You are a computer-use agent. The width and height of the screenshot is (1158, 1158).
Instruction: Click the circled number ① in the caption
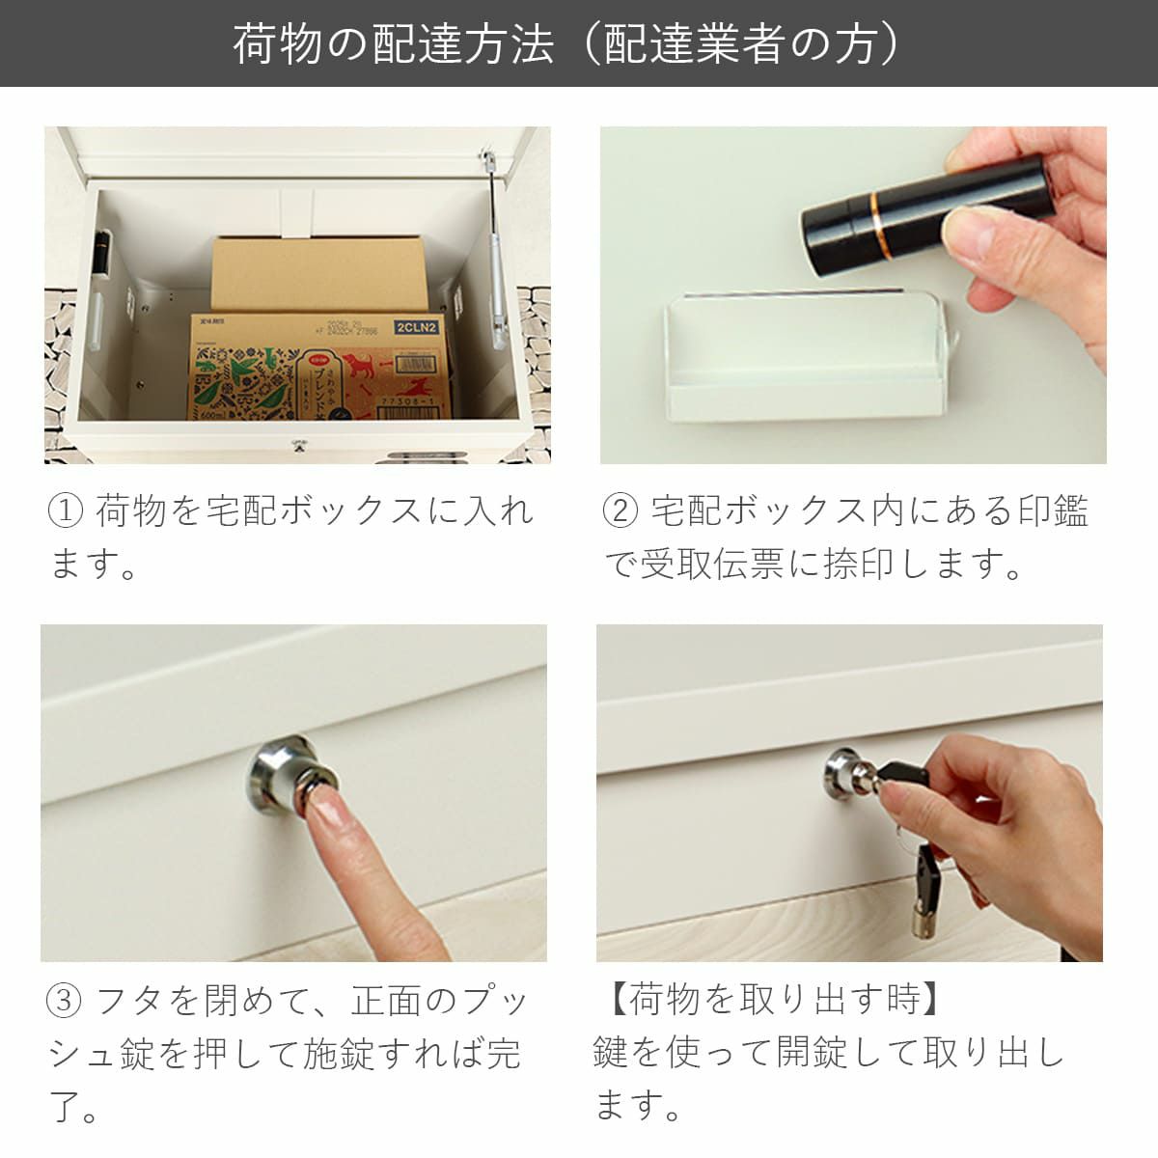(x=66, y=510)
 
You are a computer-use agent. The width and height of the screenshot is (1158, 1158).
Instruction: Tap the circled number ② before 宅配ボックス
(x=620, y=510)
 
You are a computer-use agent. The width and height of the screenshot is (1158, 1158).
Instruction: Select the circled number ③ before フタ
(x=65, y=1001)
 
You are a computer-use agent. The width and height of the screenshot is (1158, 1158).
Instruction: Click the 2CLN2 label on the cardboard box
(x=416, y=328)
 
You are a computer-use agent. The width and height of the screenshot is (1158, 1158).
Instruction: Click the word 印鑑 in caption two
(x=1054, y=510)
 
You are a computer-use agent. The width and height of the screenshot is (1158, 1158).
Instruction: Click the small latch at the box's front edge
(x=296, y=445)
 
